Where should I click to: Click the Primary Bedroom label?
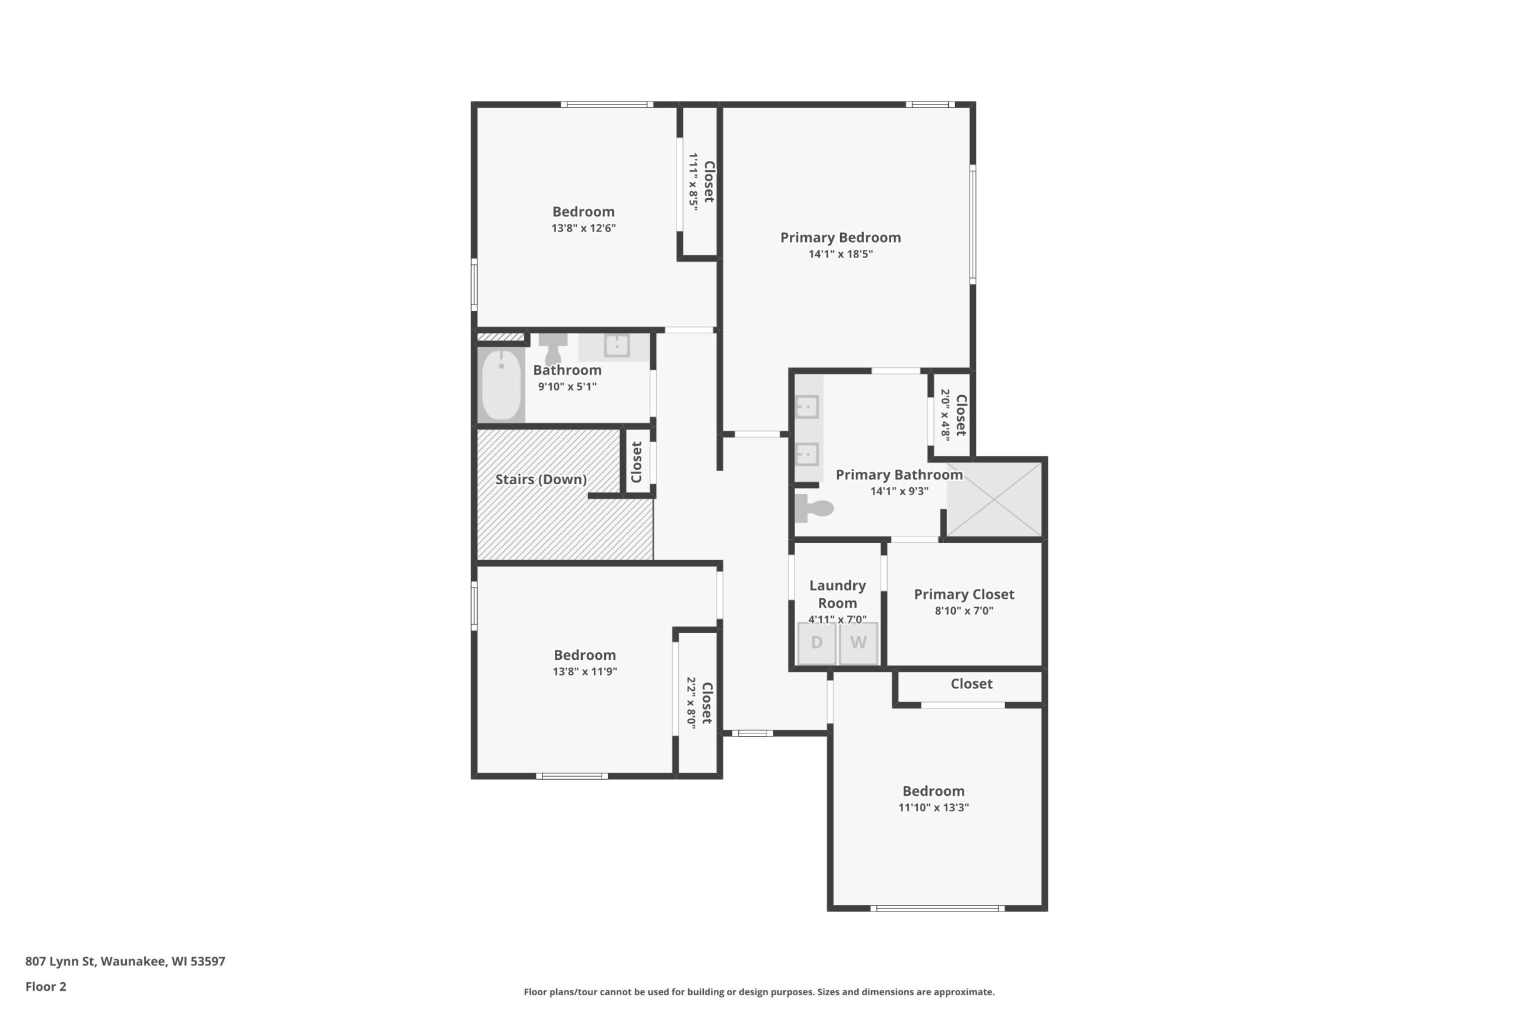pos(840,238)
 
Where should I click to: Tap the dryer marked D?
pos(817,643)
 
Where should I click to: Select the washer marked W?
pos(859,643)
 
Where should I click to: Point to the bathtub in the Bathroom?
pos(501,385)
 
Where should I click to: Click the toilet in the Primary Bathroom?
pos(813,508)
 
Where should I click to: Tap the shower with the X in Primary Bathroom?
pos(994,500)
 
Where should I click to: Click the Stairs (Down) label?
pos(541,479)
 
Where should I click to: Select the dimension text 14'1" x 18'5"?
pos(840,254)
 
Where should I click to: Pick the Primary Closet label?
pos(964,595)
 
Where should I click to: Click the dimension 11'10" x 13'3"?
pos(933,807)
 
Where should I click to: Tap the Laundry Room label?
pos(838,595)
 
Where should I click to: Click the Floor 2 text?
pos(46,986)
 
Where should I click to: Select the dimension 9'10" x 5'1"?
pos(567,386)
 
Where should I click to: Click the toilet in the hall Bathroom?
pos(553,349)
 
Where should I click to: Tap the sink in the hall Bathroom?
pos(616,345)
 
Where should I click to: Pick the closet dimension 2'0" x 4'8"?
pos(945,415)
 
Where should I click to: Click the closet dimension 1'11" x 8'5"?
pos(693,182)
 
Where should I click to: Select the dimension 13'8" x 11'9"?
pos(584,671)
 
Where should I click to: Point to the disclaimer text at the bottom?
pos(759,992)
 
